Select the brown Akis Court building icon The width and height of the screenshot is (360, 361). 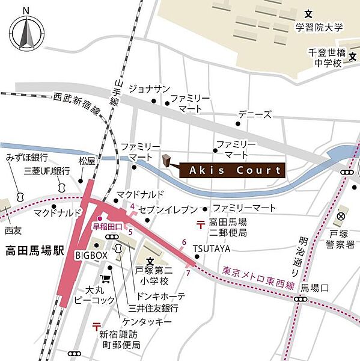pyautogui.click(x=166, y=159)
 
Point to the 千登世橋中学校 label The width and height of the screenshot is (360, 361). pyautogui.click(x=325, y=58)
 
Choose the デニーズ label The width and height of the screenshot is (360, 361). pyautogui.click(x=255, y=114)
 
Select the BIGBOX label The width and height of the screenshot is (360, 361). pyautogui.click(x=91, y=255)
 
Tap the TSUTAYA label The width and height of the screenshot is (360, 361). pyautogui.click(x=211, y=248)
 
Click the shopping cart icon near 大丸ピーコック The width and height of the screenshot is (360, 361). pyautogui.click(x=106, y=279)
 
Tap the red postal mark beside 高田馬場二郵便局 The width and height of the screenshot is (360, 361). pyautogui.click(x=199, y=225)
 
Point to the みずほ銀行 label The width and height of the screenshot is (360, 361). pyautogui.click(x=27, y=157)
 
